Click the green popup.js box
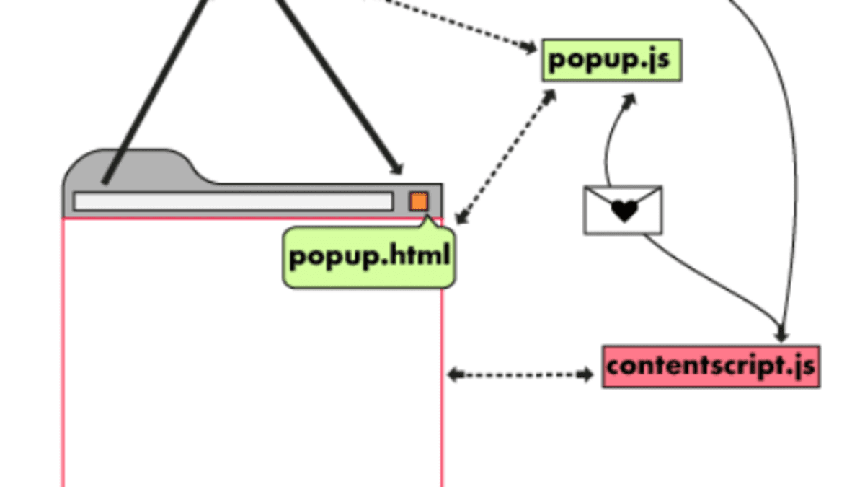(x=611, y=60)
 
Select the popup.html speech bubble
(x=369, y=258)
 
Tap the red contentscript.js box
(x=711, y=367)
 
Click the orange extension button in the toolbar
(x=419, y=201)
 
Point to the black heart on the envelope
(x=624, y=211)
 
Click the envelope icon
(x=623, y=210)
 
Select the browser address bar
(x=233, y=201)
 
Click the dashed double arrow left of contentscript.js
(x=520, y=374)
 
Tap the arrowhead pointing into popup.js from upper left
(x=531, y=48)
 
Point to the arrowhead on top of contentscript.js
(x=782, y=336)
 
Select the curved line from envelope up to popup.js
(x=609, y=144)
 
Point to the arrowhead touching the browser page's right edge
(x=452, y=374)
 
